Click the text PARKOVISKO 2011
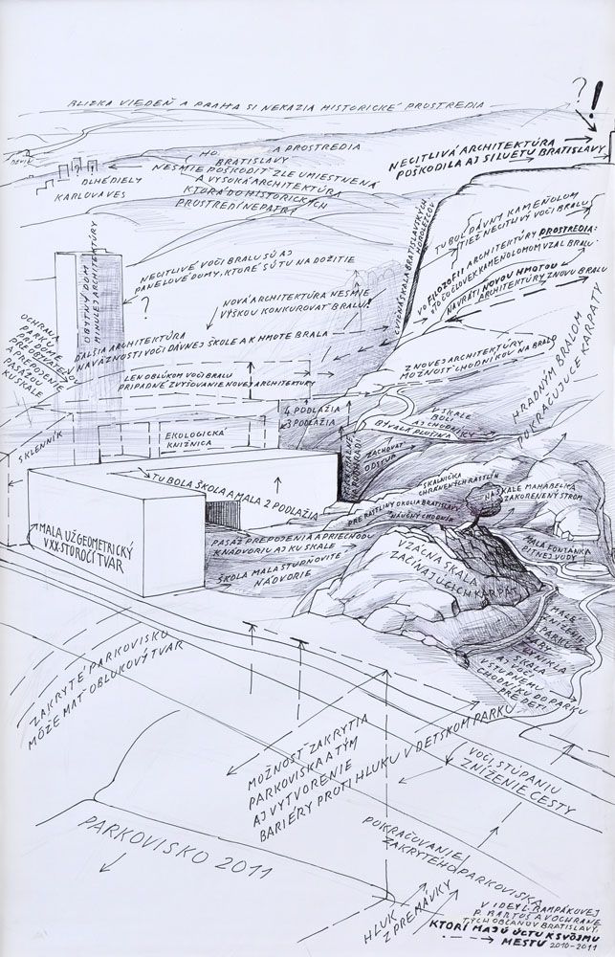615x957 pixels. (x=177, y=847)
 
